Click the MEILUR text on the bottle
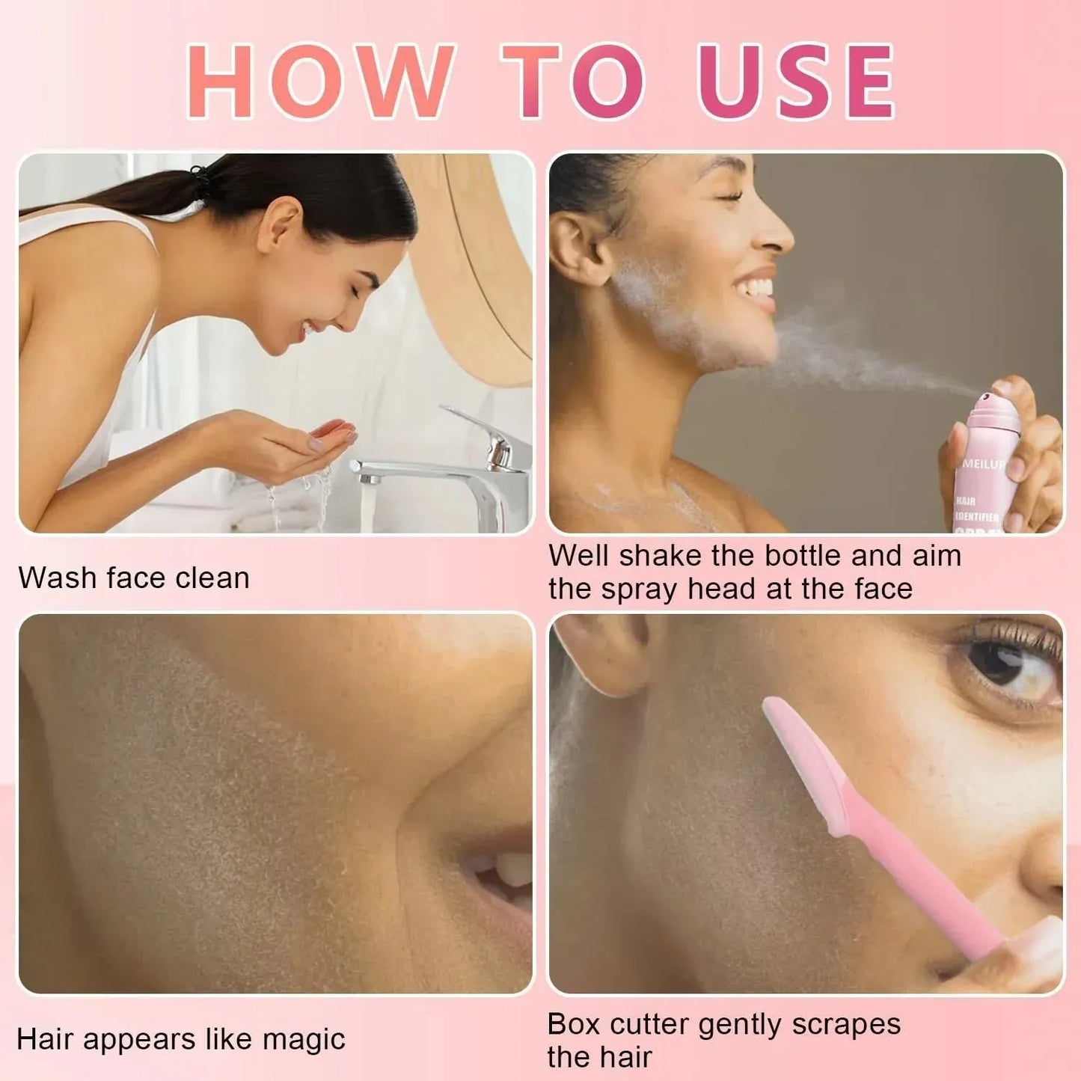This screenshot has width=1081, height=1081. [983, 464]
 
